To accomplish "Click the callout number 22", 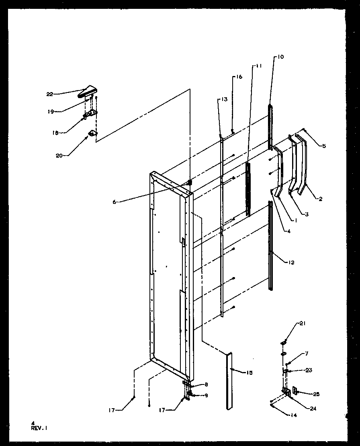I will click(49, 94).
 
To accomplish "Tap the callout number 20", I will click(59, 156).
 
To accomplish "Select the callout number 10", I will click(280, 57).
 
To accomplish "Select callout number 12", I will click(291, 263).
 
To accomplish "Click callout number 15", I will click(250, 373).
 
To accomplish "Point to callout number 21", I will click(302, 323).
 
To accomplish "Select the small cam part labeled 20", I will click(93, 133).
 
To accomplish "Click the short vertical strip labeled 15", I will click(229, 380).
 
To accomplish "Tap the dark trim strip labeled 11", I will click(248, 189).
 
